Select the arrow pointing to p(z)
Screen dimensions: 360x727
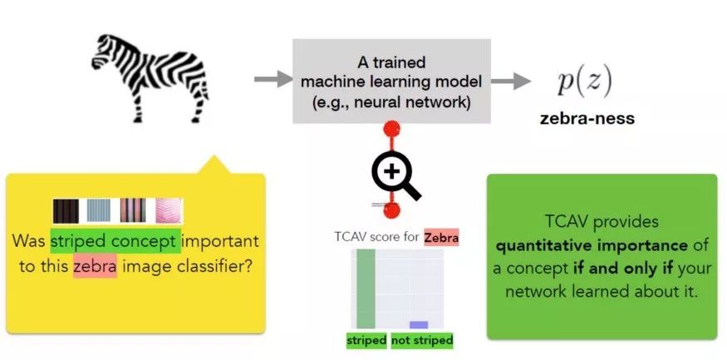[511, 81]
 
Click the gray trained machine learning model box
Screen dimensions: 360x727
[391, 81]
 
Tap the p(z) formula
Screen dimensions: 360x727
[584, 81]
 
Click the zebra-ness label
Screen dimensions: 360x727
[587, 118]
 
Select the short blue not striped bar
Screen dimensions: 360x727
[419, 324]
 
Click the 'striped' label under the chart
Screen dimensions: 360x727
[366, 340]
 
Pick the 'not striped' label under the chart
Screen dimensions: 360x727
[422, 340]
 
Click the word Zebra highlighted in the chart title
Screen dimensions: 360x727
[441, 238]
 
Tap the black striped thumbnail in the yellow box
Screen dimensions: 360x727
[66, 210]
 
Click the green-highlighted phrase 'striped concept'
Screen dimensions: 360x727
[115, 241]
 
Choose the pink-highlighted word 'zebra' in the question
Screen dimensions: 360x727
[94, 267]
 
